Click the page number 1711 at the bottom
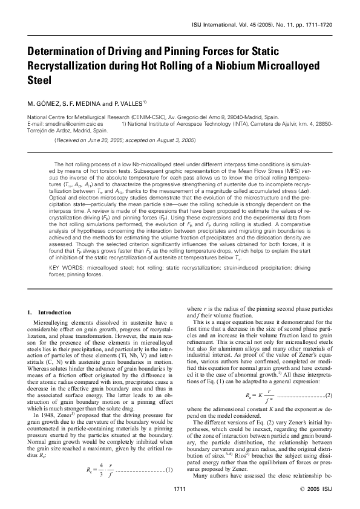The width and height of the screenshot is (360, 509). (x=179, y=487)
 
